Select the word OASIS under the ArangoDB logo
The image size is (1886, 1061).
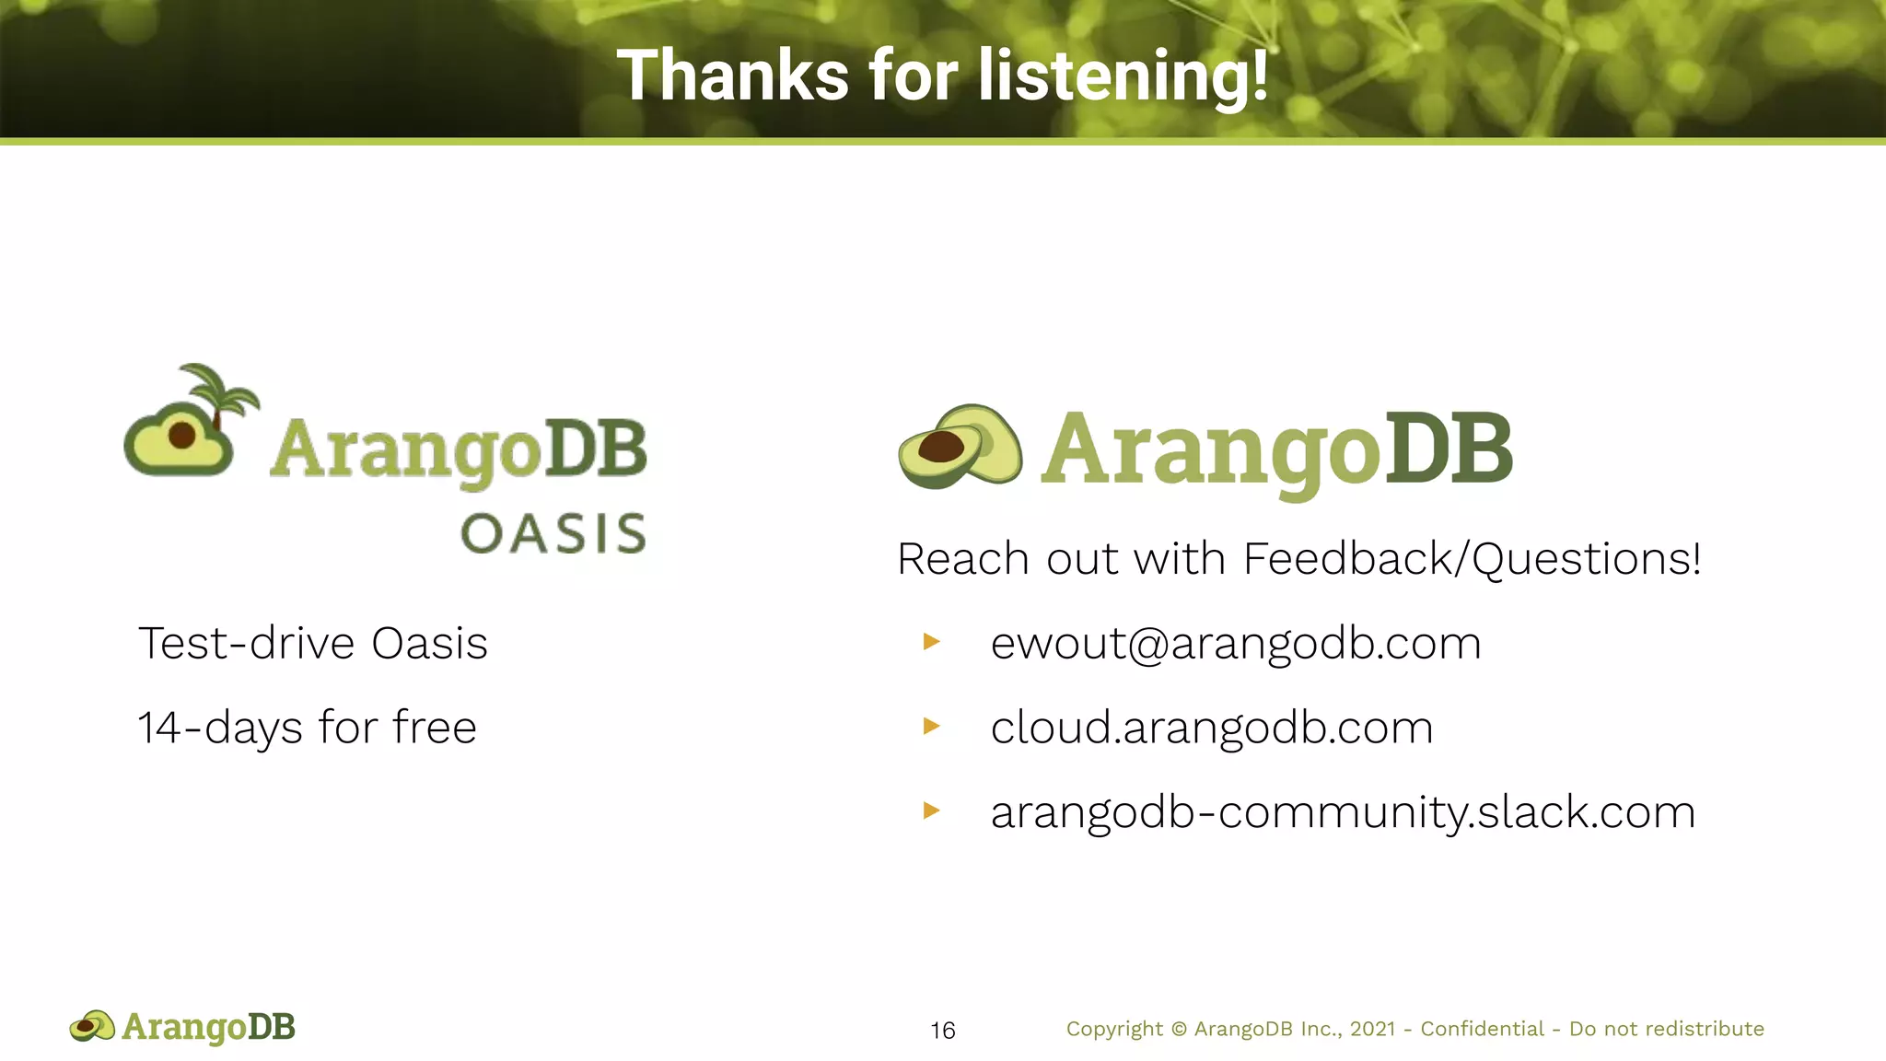tap(553, 534)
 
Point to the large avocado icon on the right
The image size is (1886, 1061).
tap(960, 447)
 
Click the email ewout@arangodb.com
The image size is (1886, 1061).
tap(1235, 643)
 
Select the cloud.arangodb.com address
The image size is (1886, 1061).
tap(1211, 728)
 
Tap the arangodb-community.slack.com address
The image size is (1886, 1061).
tap(1342, 812)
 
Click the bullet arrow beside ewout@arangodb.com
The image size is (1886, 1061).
tap(931, 641)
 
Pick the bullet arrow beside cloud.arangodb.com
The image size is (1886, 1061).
tap(931, 726)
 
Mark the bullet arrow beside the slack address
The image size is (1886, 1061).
tap(931, 810)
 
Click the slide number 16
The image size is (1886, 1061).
tap(942, 1030)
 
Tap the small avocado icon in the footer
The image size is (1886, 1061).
tap(92, 1026)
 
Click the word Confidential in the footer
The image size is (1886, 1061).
tap(1482, 1029)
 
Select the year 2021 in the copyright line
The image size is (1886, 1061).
tap(1372, 1029)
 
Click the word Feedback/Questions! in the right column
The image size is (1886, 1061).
tap(1471, 559)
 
